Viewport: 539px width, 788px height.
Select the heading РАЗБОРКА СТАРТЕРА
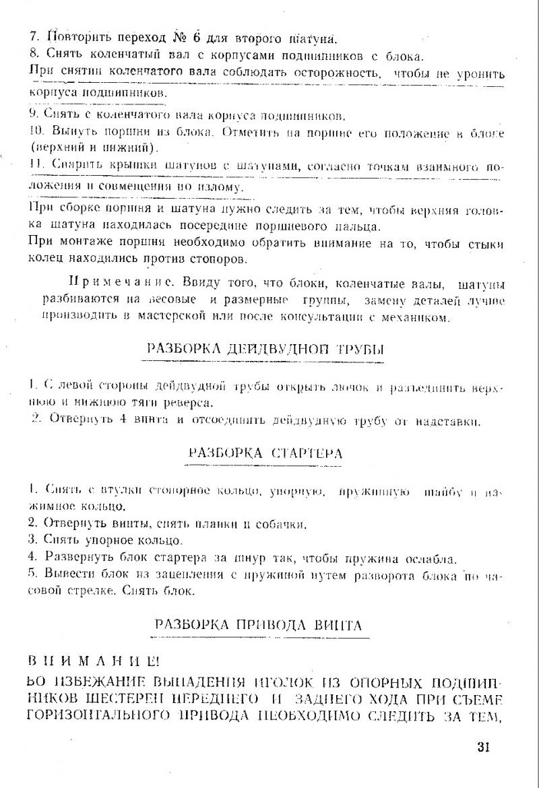(265, 453)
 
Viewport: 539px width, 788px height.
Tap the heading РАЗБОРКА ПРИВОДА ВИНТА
(259, 624)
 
